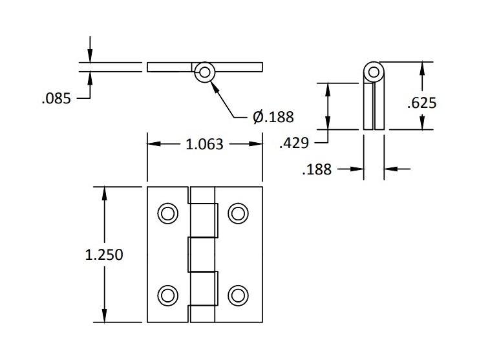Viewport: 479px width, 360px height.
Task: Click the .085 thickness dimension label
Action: pos(56,99)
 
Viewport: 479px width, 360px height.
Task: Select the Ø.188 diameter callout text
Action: pos(273,116)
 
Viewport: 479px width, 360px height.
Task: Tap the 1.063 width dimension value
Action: pos(204,144)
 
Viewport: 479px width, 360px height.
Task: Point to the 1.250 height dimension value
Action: pos(104,255)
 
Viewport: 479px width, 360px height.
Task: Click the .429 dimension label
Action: pos(294,143)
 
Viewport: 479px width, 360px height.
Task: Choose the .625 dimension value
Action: pos(422,103)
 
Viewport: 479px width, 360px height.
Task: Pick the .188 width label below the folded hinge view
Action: pos(317,169)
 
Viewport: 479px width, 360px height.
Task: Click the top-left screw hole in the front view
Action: pos(167,213)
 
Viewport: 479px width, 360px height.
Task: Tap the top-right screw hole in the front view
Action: pos(238,213)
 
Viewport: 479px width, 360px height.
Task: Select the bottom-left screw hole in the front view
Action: pos(167,295)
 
